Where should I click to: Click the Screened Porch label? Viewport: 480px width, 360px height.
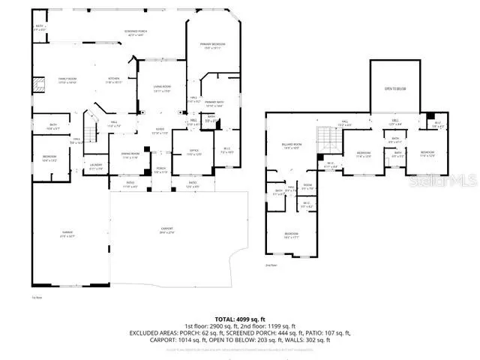[136, 32]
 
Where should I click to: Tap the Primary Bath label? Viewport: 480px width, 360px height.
[214, 103]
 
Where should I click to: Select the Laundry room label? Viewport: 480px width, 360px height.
[96, 166]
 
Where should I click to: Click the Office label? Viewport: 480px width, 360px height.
[184, 154]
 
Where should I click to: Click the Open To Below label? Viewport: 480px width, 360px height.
[395, 88]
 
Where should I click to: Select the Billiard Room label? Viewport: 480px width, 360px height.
[292, 145]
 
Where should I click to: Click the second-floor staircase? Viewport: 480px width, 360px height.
[326, 138]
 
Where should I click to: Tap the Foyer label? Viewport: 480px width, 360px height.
[160, 132]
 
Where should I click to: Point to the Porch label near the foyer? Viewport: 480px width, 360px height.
[160, 170]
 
